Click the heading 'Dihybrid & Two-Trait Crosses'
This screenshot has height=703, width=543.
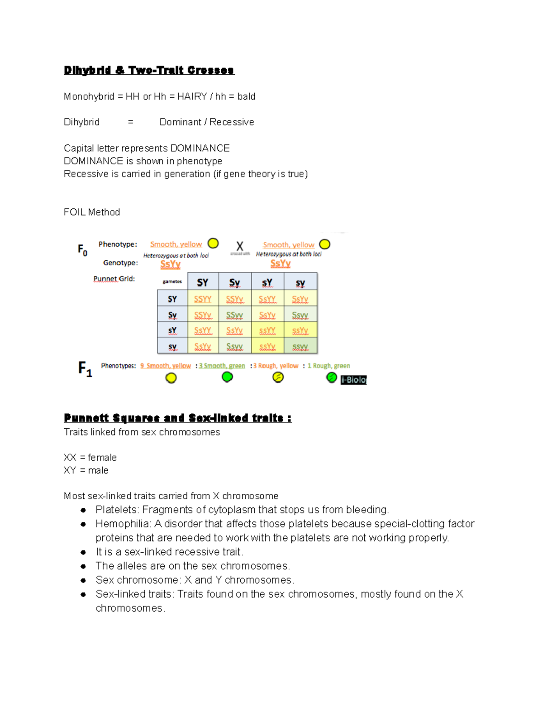(x=149, y=70)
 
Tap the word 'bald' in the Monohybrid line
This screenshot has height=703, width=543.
(x=246, y=96)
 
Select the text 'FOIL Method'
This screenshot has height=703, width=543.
(x=92, y=212)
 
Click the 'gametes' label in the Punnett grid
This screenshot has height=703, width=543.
(x=172, y=282)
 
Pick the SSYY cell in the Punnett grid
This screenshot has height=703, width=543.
(x=203, y=299)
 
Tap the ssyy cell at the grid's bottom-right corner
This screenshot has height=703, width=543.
(x=300, y=347)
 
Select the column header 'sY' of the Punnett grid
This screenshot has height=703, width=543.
(x=267, y=282)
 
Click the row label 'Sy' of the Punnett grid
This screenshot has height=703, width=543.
(x=172, y=315)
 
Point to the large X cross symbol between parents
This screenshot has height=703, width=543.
(x=240, y=246)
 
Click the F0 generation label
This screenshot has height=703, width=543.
(x=82, y=249)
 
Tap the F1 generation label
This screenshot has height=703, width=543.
(x=85, y=368)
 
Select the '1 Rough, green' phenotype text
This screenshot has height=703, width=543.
(x=329, y=366)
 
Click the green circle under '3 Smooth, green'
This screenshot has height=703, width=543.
(x=227, y=377)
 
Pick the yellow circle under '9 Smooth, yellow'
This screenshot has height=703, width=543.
(x=171, y=378)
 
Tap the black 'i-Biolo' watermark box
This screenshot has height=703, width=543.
(x=353, y=380)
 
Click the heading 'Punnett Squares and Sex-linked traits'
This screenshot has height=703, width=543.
(x=177, y=418)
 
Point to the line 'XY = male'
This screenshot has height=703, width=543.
(x=86, y=470)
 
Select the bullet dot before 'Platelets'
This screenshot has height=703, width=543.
(x=83, y=510)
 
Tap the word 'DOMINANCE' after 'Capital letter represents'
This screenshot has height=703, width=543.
(x=200, y=148)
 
